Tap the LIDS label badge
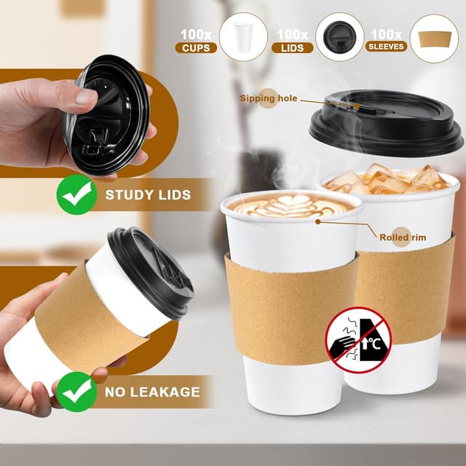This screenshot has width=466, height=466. coord(293,47)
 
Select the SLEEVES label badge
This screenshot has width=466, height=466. coord(387,47)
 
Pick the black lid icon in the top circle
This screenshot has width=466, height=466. coord(339,36)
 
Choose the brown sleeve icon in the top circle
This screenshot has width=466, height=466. coord(434,38)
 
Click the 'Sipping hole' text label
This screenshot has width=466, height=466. coord(268,98)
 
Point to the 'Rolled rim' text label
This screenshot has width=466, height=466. coord(402,237)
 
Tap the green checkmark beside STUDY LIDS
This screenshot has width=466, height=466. coord(76,194)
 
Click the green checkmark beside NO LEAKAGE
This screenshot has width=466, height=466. coord(76,391)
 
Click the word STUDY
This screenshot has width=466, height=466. coord(129,194)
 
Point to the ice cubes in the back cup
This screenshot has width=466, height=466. coord(379,179)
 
